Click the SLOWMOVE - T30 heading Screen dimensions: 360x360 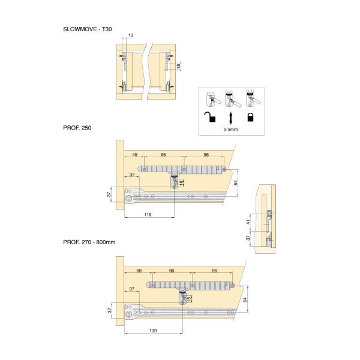click(88, 29)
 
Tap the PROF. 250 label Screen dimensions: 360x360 click(77, 128)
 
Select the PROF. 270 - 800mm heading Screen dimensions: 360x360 click(89, 242)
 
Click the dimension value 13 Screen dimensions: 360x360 click(131, 35)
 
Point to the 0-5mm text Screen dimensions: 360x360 click(230, 129)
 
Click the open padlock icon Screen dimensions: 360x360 click(210, 116)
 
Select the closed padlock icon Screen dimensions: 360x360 click(250, 116)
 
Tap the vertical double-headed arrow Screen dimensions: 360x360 click(230, 118)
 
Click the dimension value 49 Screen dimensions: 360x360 click(135, 155)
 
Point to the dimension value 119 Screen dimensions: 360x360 click(148, 215)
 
